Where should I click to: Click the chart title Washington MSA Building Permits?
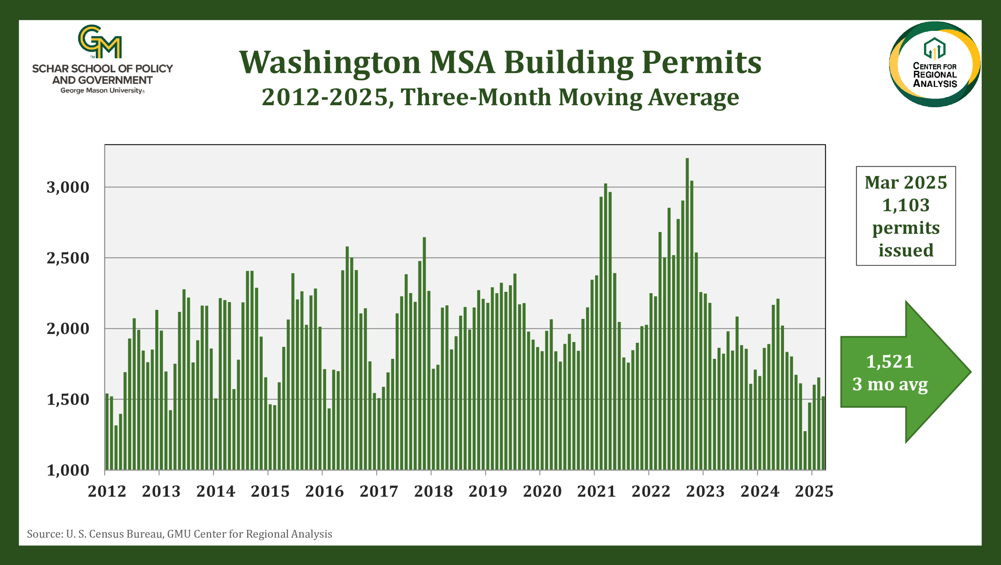pyautogui.click(x=500, y=63)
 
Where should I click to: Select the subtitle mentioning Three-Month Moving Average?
pyautogui.click(x=500, y=97)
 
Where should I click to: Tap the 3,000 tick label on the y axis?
pyautogui.click(x=68, y=187)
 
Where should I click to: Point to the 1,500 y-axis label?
pyautogui.click(x=68, y=400)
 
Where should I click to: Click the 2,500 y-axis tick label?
pyautogui.click(x=68, y=258)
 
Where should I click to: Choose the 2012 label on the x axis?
pyautogui.click(x=107, y=491)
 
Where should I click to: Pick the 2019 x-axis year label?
pyautogui.click(x=488, y=491)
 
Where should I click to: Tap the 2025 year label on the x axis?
pyautogui.click(x=814, y=491)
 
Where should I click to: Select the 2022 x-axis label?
pyautogui.click(x=651, y=491)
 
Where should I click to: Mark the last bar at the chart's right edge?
pyautogui.click(x=823, y=433)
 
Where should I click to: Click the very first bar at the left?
pyautogui.click(x=107, y=432)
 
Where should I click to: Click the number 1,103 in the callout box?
pyautogui.click(x=906, y=205)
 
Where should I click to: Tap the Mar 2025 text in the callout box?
pyautogui.click(x=906, y=183)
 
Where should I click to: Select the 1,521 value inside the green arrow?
pyautogui.click(x=890, y=362)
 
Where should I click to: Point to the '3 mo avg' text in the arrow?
pyautogui.click(x=890, y=384)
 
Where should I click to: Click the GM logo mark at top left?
pyautogui.click(x=100, y=41)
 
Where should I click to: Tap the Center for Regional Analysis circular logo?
pyautogui.click(x=935, y=65)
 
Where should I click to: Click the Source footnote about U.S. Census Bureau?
pyautogui.click(x=179, y=534)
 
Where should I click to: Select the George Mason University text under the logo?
pyautogui.click(x=102, y=91)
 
